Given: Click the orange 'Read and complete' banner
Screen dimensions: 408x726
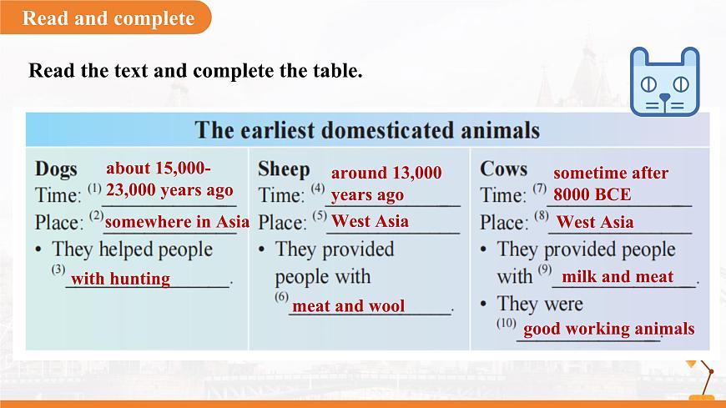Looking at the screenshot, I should (108, 18).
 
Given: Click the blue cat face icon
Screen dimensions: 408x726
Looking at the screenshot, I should (663, 81).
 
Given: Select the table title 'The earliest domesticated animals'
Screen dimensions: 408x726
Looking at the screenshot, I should (367, 131).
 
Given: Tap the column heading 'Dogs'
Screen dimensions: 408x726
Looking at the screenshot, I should (56, 169).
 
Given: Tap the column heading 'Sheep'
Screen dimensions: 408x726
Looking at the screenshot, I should (284, 169).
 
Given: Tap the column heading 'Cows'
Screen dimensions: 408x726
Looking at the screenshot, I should (503, 169).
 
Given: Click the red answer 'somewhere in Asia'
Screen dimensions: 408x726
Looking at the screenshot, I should (177, 222).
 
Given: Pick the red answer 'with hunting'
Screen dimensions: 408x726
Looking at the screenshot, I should (120, 279).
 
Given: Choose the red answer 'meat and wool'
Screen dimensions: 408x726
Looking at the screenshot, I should (349, 306).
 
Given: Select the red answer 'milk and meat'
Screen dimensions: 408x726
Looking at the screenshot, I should (618, 277).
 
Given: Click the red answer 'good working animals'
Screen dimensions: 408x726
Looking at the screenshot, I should (608, 329).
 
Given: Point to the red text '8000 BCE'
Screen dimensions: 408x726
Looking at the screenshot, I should (592, 195).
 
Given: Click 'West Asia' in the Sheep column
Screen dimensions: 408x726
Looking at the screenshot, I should (370, 221).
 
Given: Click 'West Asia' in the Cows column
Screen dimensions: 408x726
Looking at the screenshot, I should (595, 222).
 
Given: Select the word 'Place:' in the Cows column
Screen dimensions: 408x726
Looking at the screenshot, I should (503, 223).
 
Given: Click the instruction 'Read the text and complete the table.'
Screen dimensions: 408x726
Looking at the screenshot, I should (195, 70).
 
